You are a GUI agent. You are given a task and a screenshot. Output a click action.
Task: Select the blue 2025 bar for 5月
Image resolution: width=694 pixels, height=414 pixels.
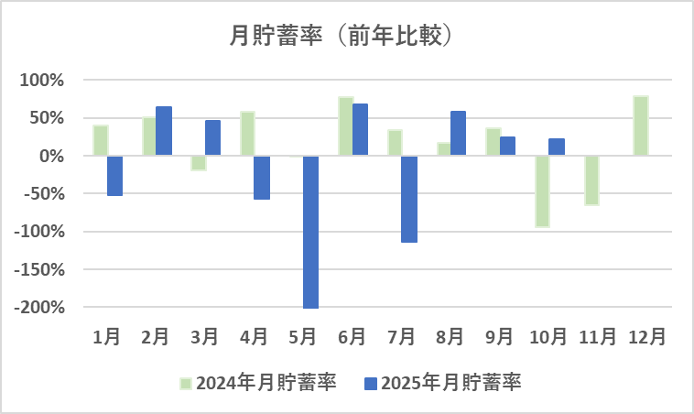click(310, 232)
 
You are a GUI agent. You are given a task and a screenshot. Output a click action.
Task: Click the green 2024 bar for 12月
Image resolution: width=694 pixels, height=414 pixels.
click(640, 125)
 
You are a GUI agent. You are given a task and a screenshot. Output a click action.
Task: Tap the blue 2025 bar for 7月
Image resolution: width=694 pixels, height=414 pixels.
click(408, 199)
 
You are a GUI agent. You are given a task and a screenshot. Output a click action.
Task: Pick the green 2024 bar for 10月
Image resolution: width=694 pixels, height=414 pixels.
click(542, 191)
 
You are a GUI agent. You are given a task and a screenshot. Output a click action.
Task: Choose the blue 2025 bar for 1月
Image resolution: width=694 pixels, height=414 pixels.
click(114, 176)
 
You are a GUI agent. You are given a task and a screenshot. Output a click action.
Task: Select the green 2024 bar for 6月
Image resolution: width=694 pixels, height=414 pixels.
click(345, 126)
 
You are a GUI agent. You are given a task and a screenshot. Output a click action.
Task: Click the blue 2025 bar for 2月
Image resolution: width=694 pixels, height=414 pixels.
click(164, 131)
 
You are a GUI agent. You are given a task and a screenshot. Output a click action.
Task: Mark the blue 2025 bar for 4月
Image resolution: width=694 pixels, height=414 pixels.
click(262, 178)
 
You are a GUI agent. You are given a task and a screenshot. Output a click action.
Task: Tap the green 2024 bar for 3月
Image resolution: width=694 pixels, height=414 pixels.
click(199, 163)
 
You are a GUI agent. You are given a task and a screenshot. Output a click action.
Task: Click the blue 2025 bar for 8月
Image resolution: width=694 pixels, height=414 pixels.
click(458, 134)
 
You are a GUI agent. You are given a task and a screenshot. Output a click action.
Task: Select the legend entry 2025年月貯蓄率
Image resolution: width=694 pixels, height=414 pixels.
click(443, 383)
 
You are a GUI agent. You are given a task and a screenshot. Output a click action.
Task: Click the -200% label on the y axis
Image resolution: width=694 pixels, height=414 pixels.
click(41, 307)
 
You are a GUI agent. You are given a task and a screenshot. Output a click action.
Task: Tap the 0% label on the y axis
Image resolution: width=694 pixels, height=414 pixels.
click(51, 156)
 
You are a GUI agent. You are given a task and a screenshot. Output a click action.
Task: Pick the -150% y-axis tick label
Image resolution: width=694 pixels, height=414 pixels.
click(41, 269)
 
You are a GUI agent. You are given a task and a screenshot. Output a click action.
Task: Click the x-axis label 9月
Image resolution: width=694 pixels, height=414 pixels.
click(499, 336)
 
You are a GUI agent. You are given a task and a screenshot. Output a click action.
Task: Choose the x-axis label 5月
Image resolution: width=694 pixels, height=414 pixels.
click(303, 336)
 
